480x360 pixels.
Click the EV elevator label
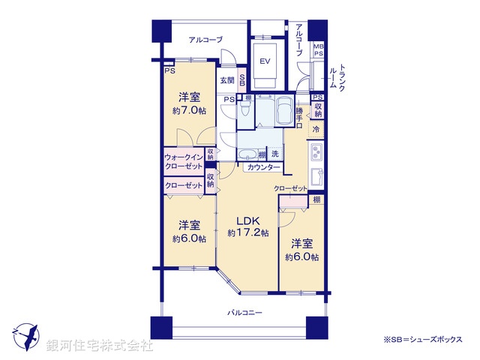(265, 61)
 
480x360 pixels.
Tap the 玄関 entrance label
(227, 80)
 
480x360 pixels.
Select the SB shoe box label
(241, 79)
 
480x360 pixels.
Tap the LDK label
(247, 220)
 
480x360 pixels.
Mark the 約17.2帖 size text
(247, 233)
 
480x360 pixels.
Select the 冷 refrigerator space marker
(316, 130)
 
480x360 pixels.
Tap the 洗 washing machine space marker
(274, 154)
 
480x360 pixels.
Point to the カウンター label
(258, 167)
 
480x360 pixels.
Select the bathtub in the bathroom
(285, 112)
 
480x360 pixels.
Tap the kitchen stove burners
(316, 154)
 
